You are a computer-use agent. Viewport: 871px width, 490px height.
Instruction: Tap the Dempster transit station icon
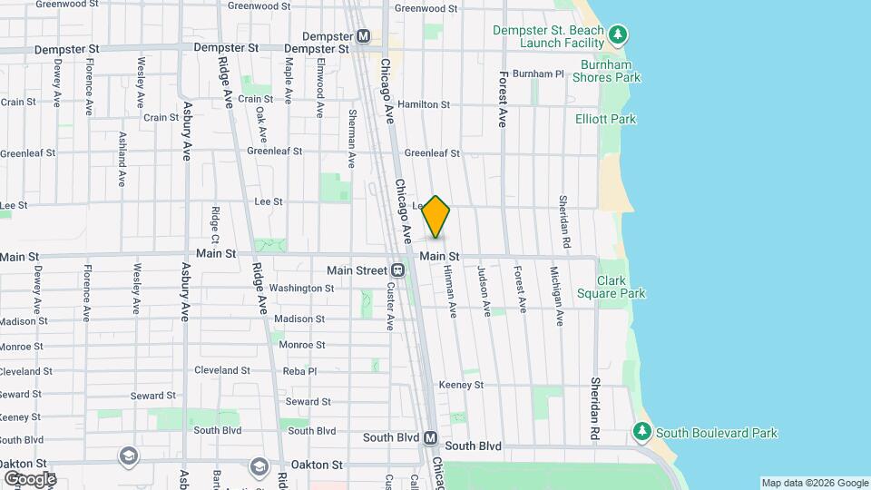(363, 36)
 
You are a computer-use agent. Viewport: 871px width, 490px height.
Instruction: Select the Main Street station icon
(397, 270)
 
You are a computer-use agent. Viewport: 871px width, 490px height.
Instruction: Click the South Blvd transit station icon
(431, 437)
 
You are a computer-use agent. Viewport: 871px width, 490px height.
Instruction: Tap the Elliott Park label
(605, 119)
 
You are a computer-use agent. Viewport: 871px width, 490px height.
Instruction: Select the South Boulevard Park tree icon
(642, 429)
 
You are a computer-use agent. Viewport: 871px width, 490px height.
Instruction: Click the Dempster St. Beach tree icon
(618, 35)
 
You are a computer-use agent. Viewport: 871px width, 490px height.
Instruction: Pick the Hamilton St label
(424, 105)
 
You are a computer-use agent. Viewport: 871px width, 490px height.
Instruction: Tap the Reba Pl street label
(299, 370)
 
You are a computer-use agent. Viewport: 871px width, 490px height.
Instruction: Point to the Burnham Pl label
(538, 73)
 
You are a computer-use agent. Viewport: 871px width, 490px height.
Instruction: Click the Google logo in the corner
(30, 478)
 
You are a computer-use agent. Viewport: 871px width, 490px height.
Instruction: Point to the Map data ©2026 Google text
(815, 483)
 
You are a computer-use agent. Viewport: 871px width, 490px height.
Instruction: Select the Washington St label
(302, 289)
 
